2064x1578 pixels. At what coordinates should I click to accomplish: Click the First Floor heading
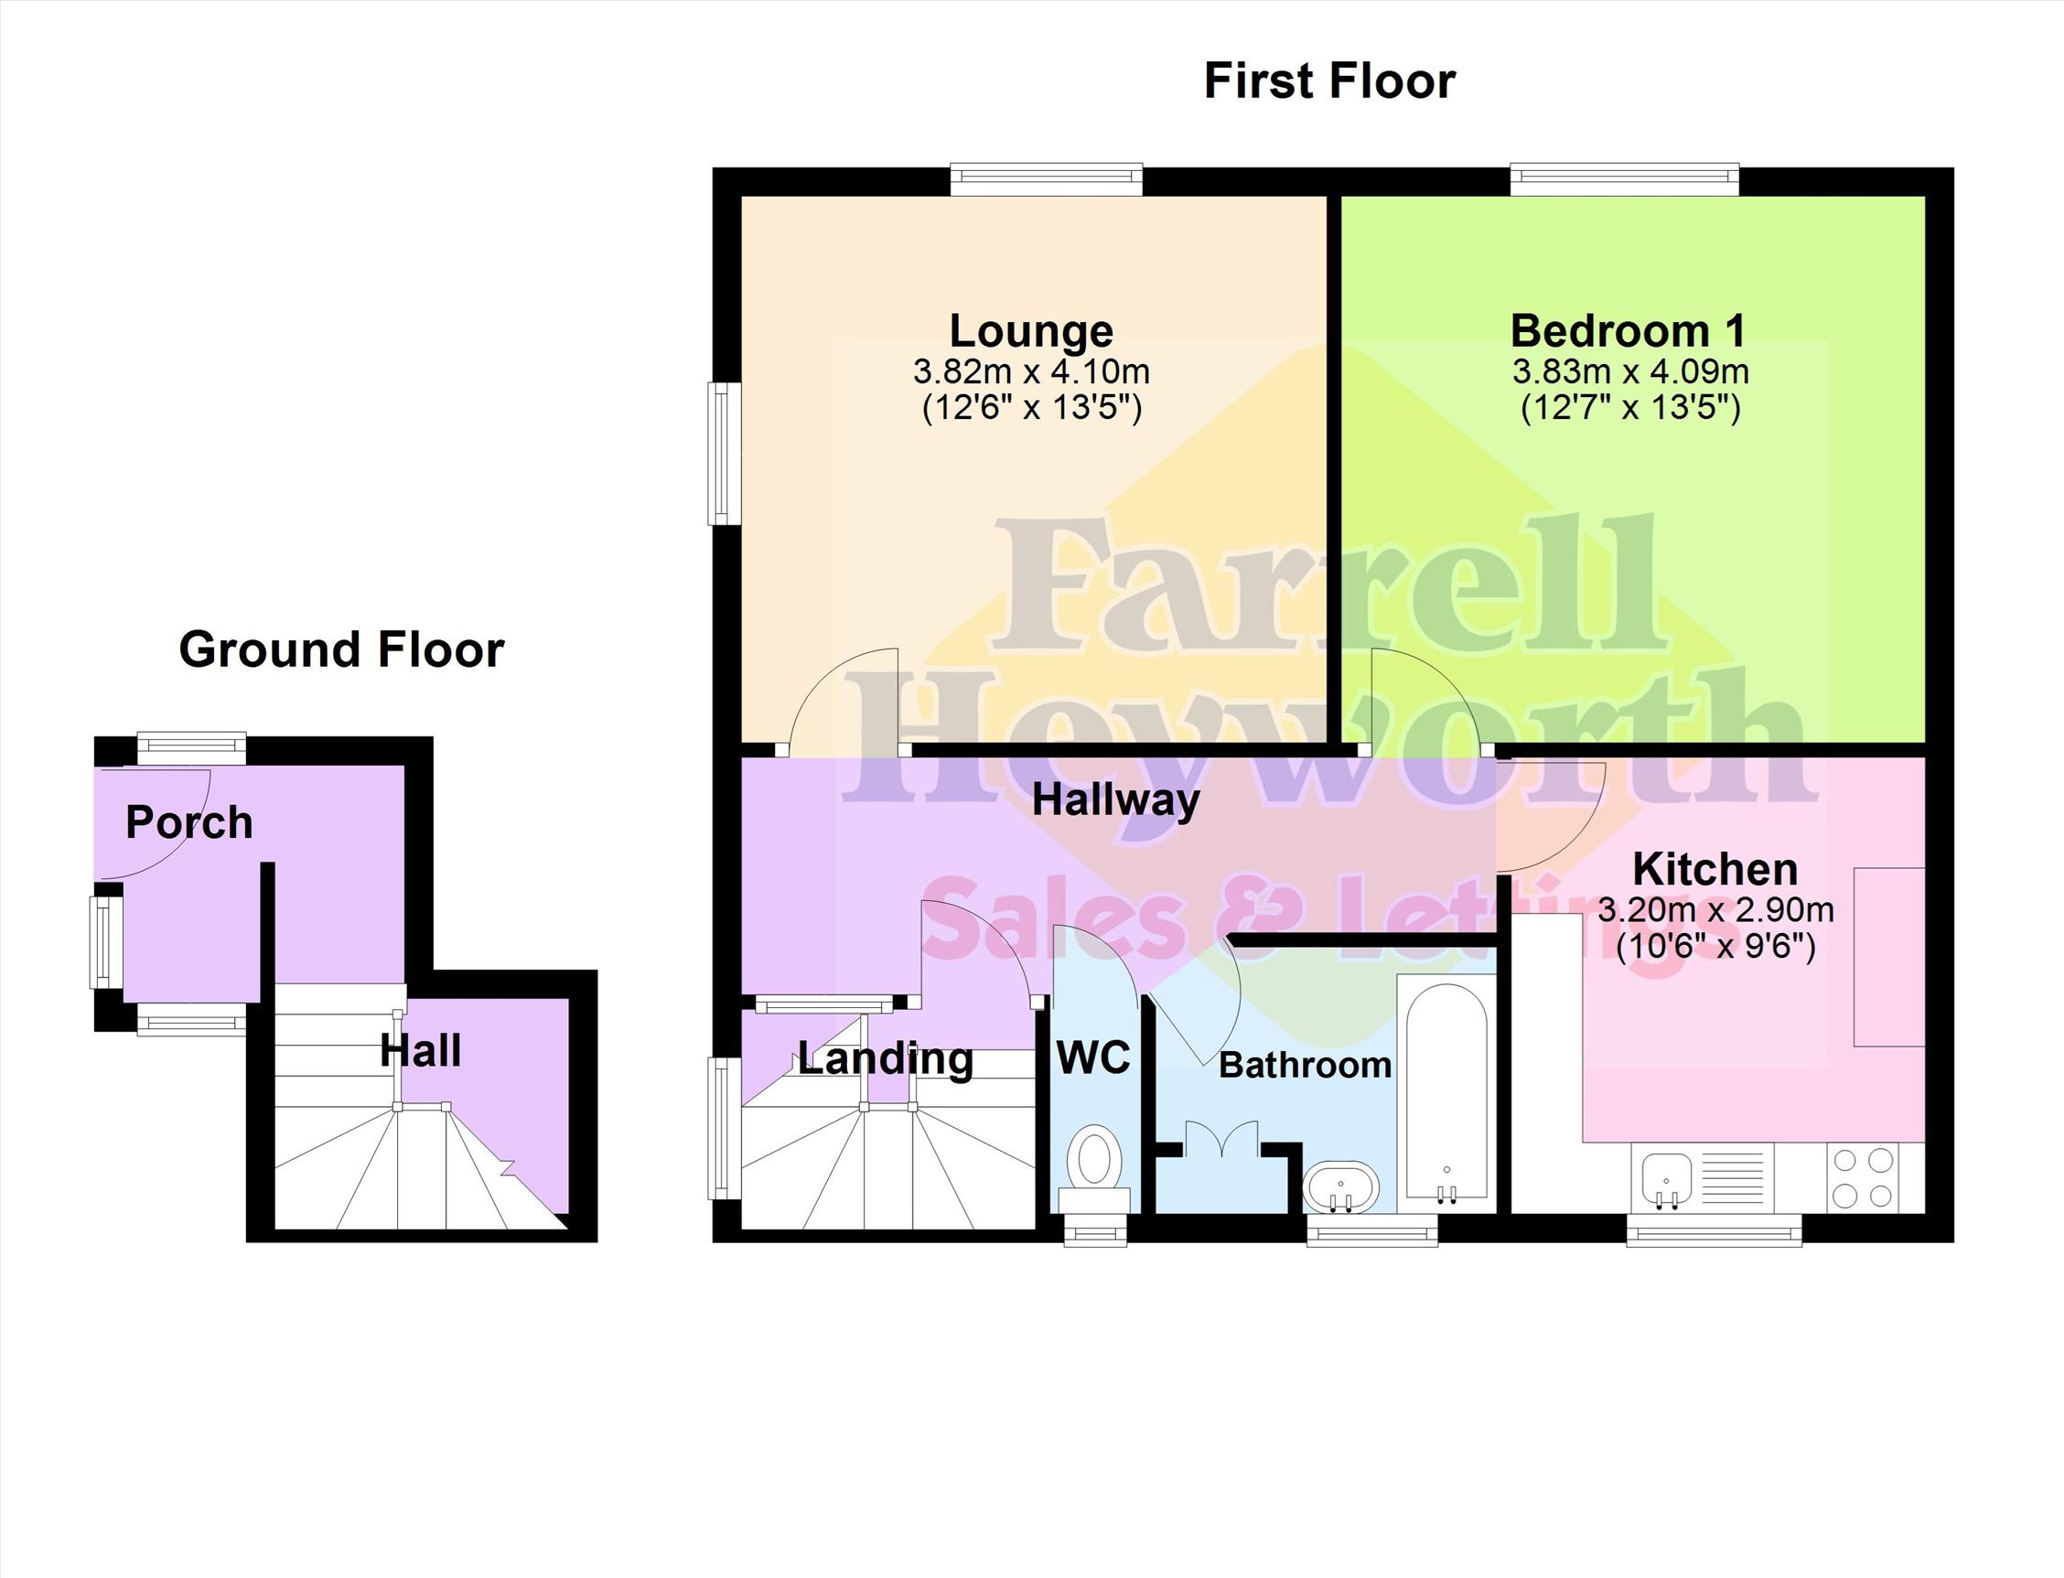[x=1329, y=81]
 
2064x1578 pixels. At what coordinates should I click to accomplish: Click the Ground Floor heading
[x=342, y=650]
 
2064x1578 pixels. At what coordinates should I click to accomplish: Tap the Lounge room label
[x=1031, y=330]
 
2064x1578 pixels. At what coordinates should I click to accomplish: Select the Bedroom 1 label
[x=1629, y=330]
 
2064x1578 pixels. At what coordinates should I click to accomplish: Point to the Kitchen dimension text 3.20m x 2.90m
[x=1715, y=909]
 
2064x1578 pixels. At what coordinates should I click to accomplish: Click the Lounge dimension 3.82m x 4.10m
[x=1031, y=371]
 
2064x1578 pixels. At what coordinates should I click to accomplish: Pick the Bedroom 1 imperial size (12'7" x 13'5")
[x=1630, y=409]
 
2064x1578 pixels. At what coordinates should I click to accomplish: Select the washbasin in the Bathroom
[x=1340, y=1187]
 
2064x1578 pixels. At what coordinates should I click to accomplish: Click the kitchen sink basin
[x=1667, y=1178]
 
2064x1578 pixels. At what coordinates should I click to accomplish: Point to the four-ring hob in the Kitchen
[x=1862, y=1178]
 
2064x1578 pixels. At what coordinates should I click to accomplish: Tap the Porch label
[x=188, y=822]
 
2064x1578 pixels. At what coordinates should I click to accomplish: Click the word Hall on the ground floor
[x=420, y=1051]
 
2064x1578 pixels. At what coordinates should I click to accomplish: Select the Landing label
[x=885, y=1059]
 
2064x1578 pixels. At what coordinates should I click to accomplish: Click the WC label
[x=1093, y=1058]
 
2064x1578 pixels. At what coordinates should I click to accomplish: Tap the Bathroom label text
[x=1305, y=1065]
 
